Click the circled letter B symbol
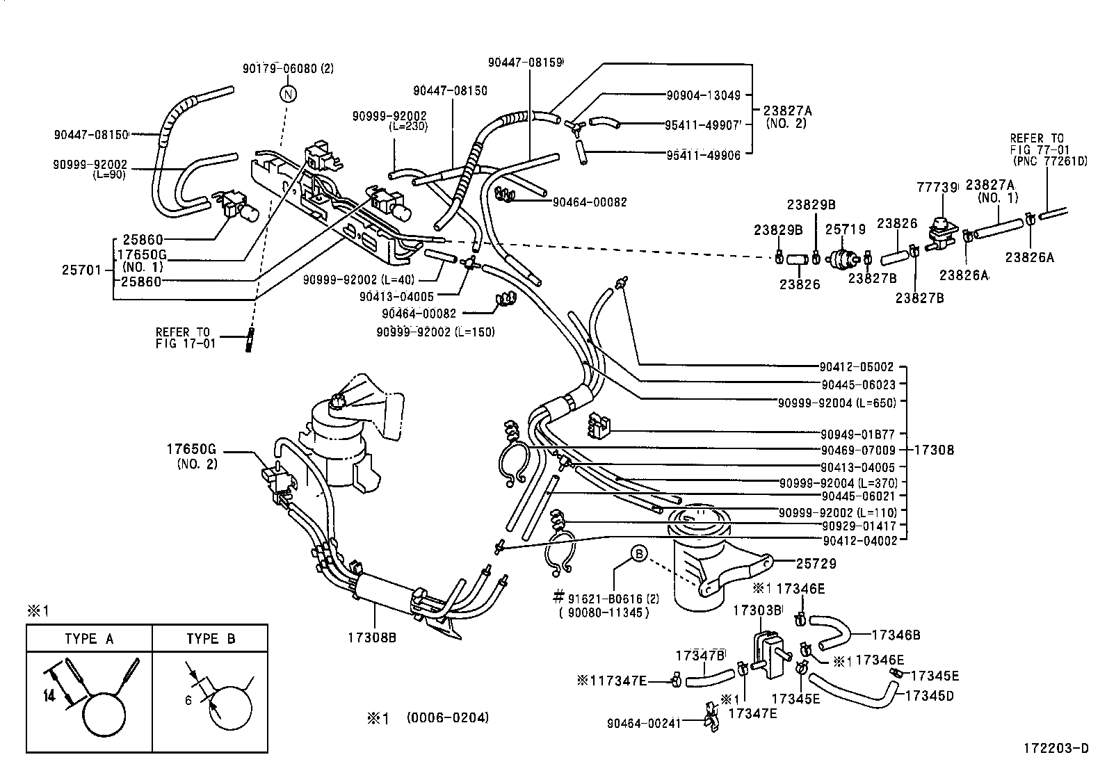pos(638,554)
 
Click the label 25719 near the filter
pos(845,229)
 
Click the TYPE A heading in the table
pos(89,639)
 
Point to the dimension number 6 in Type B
pos(188,701)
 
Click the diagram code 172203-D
pos(1055,749)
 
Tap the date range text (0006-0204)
pos(447,718)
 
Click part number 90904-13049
pos(703,95)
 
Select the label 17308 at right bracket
pos(933,450)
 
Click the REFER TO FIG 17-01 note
pos(186,337)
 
